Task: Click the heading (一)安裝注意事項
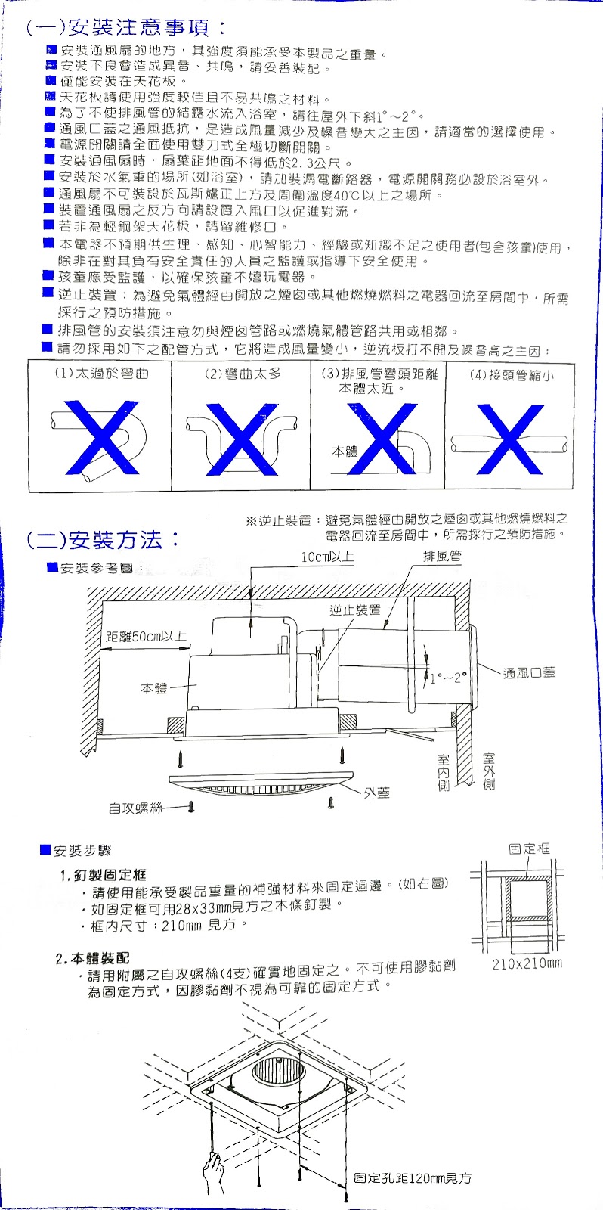click(x=125, y=28)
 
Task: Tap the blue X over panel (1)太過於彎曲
click(x=101, y=437)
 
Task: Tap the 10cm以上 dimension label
click(x=327, y=557)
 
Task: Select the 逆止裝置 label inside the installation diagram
click(x=355, y=610)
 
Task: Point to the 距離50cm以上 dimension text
click(x=147, y=636)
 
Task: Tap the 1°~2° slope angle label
click(x=449, y=678)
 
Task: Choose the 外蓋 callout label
click(x=377, y=793)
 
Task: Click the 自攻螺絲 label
click(x=135, y=808)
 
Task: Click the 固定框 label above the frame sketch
click(x=530, y=849)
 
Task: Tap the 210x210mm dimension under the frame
click(x=527, y=963)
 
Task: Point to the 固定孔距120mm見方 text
click(x=413, y=1178)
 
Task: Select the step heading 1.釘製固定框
click(x=103, y=875)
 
